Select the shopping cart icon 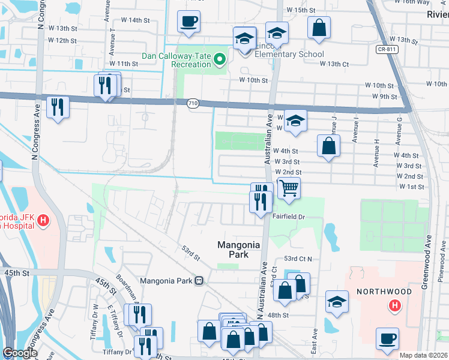289,187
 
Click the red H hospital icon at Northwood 394,306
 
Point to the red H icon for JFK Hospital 43,221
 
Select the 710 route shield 192,103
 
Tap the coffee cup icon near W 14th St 188,22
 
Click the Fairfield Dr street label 289,217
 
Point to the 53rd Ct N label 298,259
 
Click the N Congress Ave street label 41,15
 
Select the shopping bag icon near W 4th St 328,146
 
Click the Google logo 20,353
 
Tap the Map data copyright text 423,355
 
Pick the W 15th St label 301,10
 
